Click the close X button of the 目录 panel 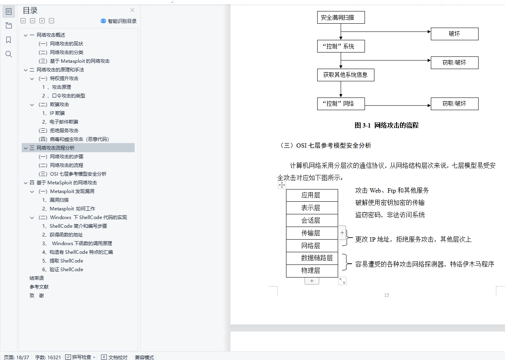click(132, 10)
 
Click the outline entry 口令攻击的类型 click(69, 96)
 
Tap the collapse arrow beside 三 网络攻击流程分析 click(26, 148)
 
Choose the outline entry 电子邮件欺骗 click(64, 122)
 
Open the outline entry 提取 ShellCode click(66, 261)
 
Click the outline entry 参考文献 click(39, 287)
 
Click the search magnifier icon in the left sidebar click(9, 54)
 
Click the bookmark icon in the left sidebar click(9, 40)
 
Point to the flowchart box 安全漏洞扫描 click(341, 18)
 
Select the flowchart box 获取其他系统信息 click(346, 75)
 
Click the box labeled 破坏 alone click(454, 34)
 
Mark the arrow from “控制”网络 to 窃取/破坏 click(398, 105)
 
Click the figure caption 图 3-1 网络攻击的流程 click(386, 126)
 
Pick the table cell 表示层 click(312, 208)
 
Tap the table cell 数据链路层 click(312, 258)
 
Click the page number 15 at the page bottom click(386, 295)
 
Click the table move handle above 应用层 click(282, 185)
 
